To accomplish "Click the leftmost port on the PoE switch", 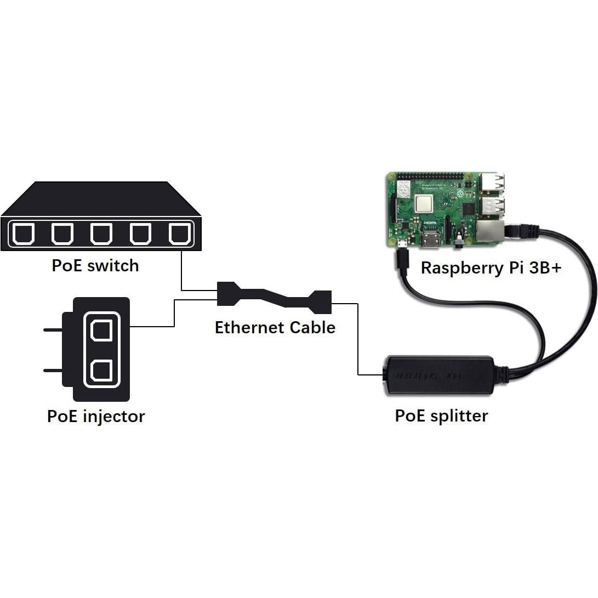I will (x=23, y=234).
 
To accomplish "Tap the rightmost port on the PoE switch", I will (x=179, y=234).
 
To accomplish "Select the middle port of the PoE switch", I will (x=101, y=234).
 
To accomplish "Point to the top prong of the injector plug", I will (x=53, y=330).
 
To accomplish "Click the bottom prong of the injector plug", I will (x=53, y=371).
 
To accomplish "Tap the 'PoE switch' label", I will (x=95, y=266).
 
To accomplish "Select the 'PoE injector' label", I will (x=96, y=416).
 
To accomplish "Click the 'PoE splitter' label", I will (x=441, y=415).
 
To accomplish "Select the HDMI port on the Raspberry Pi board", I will (x=431, y=240).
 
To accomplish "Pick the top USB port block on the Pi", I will (x=492, y=184).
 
